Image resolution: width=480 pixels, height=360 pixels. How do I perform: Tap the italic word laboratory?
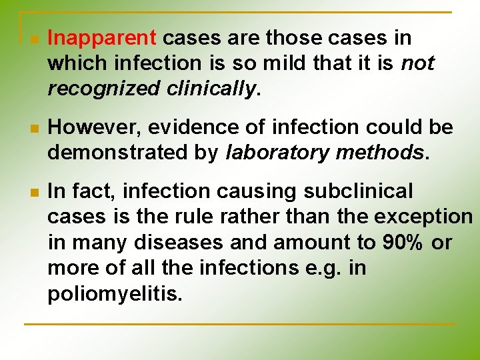click(277, 152)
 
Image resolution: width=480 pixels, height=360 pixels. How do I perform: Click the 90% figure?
click(403, 242)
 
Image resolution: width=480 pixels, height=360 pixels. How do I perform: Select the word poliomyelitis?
click(114, 294)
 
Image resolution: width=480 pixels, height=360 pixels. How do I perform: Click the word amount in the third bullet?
click(275, 242)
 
